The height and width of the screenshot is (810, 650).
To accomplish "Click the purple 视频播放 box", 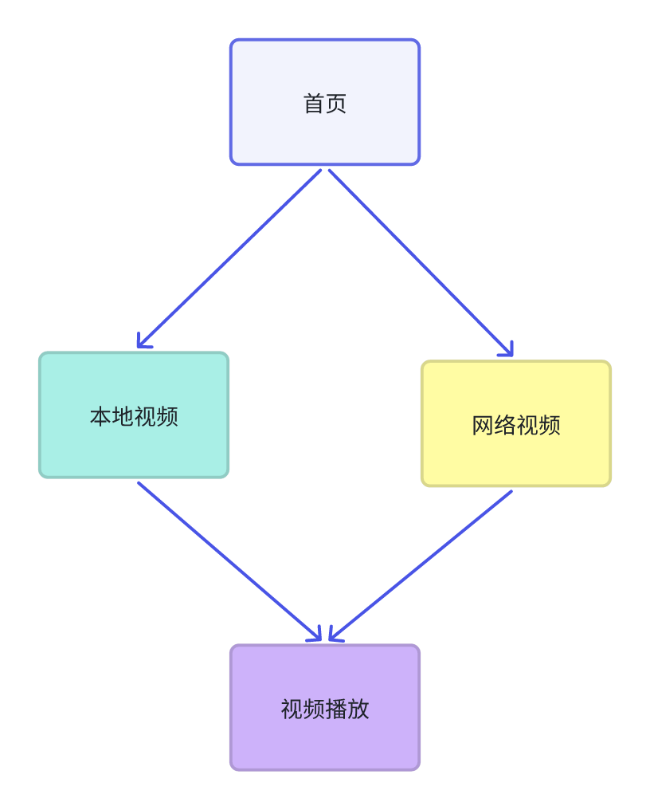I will pyautogui.click(x=325, y=707).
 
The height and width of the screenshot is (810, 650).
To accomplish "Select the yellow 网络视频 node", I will pyautogui.click(x=516, y=423).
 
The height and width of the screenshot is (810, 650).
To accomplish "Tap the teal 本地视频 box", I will pyautogui.click(x=134, y=415).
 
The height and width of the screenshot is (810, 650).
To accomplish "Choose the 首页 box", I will pyautogui.click(x=325, y=102).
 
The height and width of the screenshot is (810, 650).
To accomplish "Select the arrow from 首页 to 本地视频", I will pyautogui.click(x=229, y=258).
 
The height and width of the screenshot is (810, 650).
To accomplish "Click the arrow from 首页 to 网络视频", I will pyautogui.click(x=421, y=262).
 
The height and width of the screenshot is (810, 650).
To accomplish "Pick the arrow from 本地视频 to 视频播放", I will pyautogui.click(x=229, y=561).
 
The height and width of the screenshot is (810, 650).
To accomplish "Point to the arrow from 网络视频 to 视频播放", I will pyautogui.click(x=421, y=565).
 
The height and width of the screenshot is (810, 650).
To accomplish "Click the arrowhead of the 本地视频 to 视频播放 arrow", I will pyautogui.click(x=316, y=636).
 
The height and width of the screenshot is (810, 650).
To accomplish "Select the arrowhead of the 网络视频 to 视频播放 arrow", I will pyautogui.click(x=334, y=636).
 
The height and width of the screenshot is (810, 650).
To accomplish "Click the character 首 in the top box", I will pyautogui.click(x=314, y=104).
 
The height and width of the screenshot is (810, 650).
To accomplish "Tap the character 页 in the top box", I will pyautogui.click(x=336, y=104).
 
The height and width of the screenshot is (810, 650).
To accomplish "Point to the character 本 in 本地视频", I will pyautogui.click(x=100, y=416).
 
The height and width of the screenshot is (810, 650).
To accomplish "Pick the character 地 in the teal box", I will pyautogui.click(x=123, y=416).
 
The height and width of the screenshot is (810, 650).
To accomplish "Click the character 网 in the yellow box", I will pyautogui.click(x=483, y=425).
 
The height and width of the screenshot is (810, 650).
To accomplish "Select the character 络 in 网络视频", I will pyautogui.click(x=505, y=425).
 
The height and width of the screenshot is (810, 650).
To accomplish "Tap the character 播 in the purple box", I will pyautogui.click(x=336, y=709).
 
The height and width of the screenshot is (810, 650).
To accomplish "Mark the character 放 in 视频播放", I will pyautogui.click(x=358, y=709).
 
